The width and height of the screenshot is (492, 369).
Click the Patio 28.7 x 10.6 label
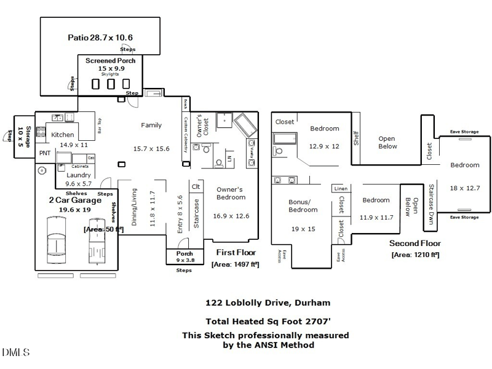[100, 38]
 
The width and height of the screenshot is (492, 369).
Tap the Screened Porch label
[110, 60]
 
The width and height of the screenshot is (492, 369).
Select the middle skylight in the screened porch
[111, 84]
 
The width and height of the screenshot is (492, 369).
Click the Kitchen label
[63, 134]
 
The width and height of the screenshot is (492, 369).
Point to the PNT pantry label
[45, 153]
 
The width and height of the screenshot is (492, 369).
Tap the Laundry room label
[78, 175]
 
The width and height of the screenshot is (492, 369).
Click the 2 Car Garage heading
[75, 200]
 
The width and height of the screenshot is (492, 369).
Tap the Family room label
[151, 125]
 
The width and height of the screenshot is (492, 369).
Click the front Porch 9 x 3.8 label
[184, 253]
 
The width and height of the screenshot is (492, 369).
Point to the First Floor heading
[236, 252]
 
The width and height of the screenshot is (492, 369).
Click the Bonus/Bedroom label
[300, 205]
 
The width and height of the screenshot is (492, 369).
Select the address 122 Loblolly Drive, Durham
[268, 303]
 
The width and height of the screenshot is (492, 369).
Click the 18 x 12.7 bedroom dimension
[465, 188]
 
